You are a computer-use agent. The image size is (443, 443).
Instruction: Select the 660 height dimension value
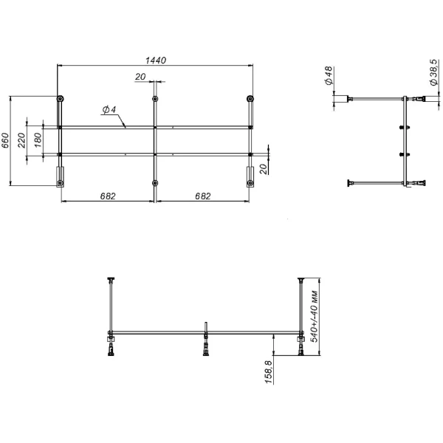7,140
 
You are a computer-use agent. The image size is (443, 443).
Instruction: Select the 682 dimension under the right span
202,196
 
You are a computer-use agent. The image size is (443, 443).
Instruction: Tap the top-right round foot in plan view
250,99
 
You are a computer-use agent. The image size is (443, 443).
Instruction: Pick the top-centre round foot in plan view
155,99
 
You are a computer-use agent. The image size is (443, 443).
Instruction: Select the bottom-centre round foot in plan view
155,182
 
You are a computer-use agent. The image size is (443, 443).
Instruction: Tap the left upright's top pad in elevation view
111,279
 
